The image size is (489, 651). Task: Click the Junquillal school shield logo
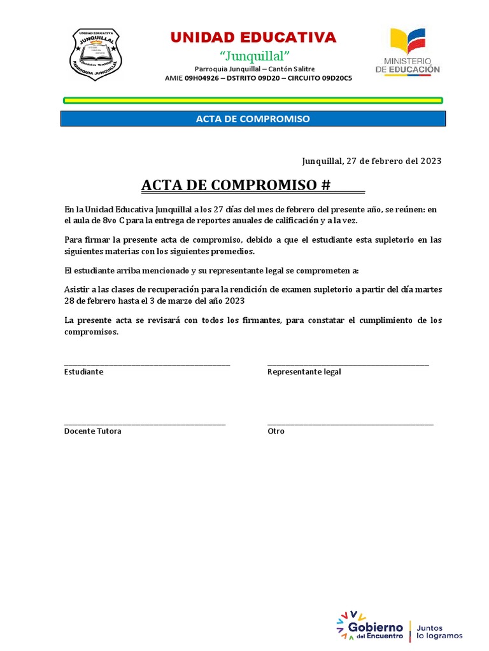click(96, 54)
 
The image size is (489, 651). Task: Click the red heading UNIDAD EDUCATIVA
click(253, 38)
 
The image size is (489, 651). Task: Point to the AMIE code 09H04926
click(201, 78)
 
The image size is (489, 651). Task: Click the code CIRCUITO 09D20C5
click(316, 78)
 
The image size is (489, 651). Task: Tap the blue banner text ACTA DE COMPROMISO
click(253, 119)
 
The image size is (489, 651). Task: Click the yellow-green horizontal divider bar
click(253, 100)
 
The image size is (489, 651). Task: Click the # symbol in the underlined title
click(326, 185)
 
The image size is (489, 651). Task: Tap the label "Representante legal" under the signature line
click(304, 372)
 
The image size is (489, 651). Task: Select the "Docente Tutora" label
click(93, 431)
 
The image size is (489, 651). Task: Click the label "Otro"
click(276, 431)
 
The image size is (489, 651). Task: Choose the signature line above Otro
click(350, 424)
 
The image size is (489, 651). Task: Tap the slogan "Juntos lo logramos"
click(439, 631)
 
